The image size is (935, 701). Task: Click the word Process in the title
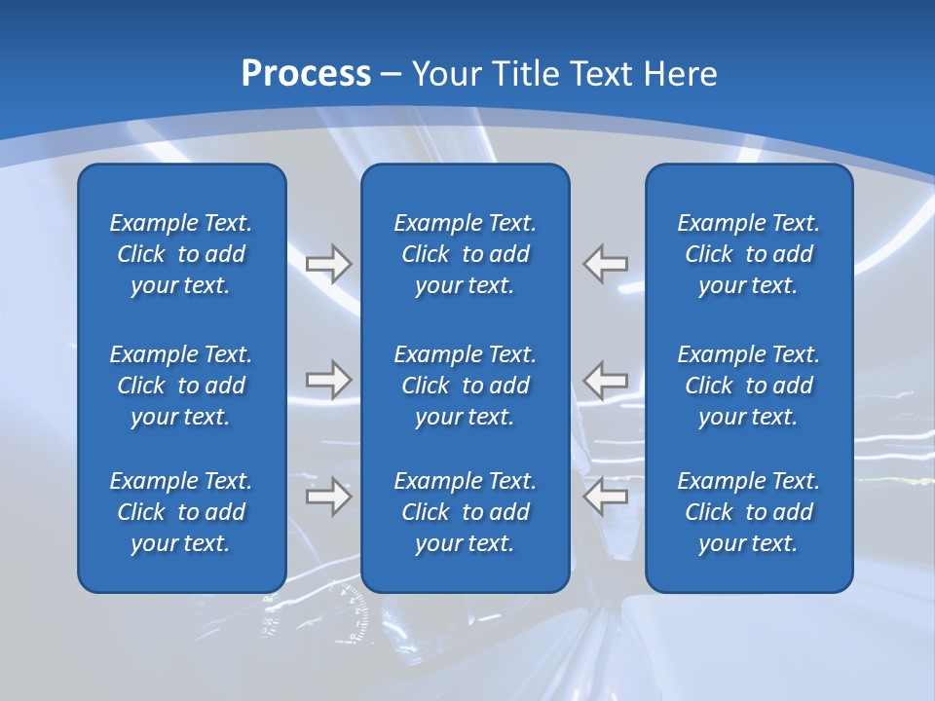(306, 74)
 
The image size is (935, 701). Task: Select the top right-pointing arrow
(328, 264)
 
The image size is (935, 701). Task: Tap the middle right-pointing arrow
(328, 380)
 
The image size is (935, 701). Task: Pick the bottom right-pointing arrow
(328, 498)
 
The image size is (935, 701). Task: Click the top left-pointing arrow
(605, 264)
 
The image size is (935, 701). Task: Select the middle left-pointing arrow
(605, 380)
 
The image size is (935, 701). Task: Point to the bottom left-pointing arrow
(605, 498)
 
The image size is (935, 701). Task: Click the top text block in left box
(181, 254)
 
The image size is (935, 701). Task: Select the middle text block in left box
(181, 386)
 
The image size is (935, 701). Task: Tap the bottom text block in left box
(181, 512)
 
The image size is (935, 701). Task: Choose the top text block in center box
(466, 254)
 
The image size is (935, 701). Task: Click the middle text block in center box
(466, 386)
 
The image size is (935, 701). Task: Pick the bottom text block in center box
(466, 512)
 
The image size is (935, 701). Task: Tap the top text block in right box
(749, 254)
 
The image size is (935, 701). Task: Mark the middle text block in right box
(749, 386)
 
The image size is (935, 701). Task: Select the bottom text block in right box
(749, 512)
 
